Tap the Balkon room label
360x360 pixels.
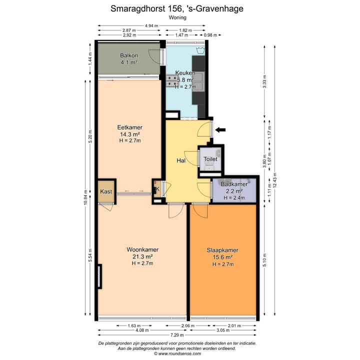[x=128, y=55]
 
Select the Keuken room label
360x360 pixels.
[x=185, y=72]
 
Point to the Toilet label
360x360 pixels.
[x=211, y=159]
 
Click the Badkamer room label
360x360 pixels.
[x=234, y=184]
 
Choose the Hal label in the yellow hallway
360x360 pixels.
[x=181, y=161]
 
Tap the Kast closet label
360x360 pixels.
[x=106, y=191]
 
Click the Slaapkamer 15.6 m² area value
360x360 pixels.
[x=222, y=257]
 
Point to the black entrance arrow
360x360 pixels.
[x=220, y=130]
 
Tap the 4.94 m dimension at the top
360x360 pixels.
[x=151, y=25]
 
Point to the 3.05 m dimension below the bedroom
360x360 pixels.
[x=223, y=330]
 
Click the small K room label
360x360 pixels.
[x=157, y=189]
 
